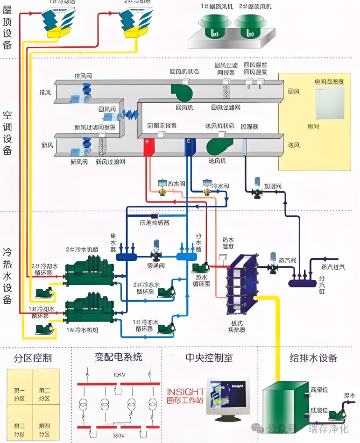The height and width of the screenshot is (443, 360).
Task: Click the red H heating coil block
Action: (149, 147)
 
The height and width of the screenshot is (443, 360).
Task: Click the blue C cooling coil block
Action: (190, 147)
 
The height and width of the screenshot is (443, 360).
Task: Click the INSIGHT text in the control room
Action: (186, 392)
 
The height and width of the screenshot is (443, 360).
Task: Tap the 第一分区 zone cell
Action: (20, 394)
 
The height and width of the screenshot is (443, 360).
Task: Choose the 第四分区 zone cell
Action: (45, 429)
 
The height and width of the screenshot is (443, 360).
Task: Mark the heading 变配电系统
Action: (119, 358)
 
